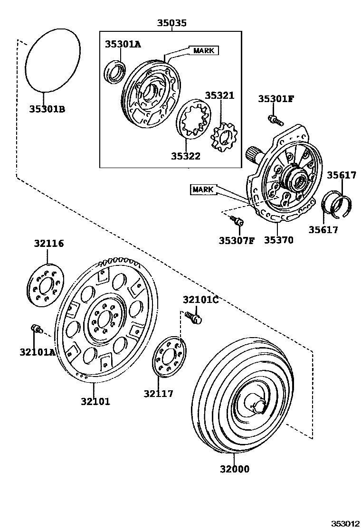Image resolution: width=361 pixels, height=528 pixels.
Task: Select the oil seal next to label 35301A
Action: coord(115,72)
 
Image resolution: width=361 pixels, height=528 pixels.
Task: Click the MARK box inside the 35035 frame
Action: coord(204,50)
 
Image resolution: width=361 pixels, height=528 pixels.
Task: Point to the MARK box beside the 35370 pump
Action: coord(203,190)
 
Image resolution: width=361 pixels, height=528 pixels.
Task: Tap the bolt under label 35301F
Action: coord(274,119)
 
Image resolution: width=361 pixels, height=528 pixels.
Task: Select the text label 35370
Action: coord(278,240)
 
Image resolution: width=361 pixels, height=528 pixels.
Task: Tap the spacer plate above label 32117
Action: coord(170,357)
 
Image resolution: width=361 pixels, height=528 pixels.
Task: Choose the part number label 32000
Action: coord(234,469)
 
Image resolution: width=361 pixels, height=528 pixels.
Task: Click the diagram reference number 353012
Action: coord(345,523)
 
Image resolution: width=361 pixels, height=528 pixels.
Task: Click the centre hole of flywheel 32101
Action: coord(103,321)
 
